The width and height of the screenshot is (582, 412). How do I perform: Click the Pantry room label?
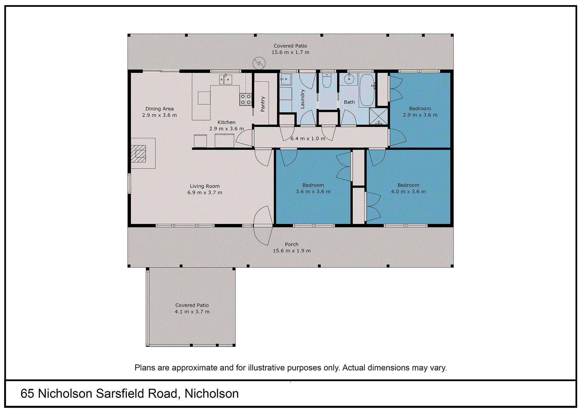point(263,104)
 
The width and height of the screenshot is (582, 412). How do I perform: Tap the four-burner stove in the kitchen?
point(246,99)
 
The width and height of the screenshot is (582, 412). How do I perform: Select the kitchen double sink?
point(226,79)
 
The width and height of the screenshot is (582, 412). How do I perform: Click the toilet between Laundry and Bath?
point(327,81)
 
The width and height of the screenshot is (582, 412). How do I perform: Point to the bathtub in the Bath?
point(367,90)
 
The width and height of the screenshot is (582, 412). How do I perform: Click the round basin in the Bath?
point(349,79)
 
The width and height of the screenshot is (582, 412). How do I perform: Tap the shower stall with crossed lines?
point(378,116)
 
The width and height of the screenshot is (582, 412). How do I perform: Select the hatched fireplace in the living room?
point(139,154)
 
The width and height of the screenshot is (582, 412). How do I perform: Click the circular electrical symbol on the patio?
point(259,63)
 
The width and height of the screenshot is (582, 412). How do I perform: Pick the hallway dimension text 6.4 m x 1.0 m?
point(308,139)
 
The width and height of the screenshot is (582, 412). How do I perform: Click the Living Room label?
point(205,186)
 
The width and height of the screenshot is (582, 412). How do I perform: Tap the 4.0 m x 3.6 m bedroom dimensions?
point(408,192)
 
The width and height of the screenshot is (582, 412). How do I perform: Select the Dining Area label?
point(159,109)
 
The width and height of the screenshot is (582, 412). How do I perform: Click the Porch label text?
point(292,244)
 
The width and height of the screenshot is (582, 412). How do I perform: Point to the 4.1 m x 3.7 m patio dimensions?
point(192,312)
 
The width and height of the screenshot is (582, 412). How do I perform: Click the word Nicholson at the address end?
point(212,394)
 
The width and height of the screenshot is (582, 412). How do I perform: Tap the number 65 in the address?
point(27,394)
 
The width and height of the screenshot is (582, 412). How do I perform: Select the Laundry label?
point(302,99)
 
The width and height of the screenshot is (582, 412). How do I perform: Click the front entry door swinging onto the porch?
point(263,226)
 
